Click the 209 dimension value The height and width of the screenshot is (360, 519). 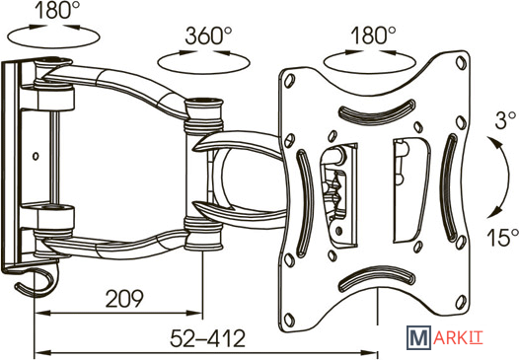[124, 298]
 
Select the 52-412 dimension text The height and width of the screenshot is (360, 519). [207, 338]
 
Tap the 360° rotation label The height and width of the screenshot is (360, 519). [208, 36]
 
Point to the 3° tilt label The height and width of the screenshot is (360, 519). [505, 119]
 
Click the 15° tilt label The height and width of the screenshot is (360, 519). [502, 237]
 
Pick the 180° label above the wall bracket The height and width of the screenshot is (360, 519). [57, 10]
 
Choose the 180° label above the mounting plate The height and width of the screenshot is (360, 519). [373, 36]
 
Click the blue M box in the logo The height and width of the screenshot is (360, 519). [418, 337]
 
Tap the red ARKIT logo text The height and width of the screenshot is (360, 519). [458, 338]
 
